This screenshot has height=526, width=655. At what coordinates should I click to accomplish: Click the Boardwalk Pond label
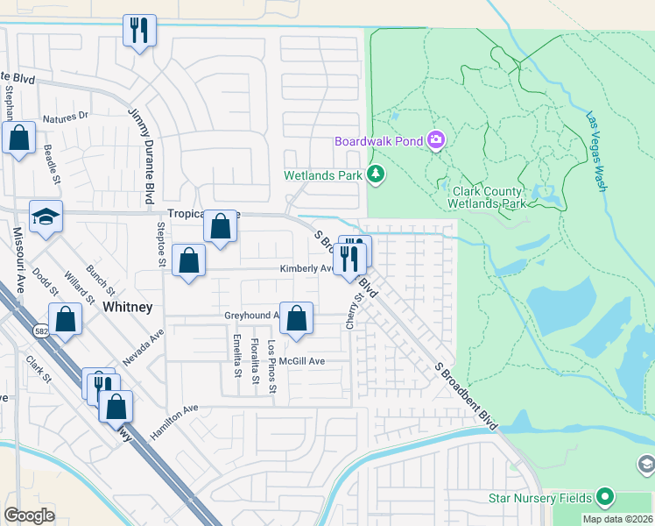click(377, 141)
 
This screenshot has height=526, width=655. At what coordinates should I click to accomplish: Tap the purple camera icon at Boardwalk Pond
click(435, 140)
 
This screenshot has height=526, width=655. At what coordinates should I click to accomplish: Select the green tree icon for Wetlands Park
click(376, 174)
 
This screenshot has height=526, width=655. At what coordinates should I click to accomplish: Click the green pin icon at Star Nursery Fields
click(604, 498)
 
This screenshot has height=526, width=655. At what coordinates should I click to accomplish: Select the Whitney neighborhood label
click(128, 307)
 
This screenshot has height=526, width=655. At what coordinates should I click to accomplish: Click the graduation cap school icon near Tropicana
click(46, 217)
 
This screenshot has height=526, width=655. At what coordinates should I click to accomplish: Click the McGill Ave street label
click(302, 361)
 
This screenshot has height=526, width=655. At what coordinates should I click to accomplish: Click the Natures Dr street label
click(66, 116)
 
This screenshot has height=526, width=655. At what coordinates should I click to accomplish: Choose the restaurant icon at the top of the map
click(139, 31)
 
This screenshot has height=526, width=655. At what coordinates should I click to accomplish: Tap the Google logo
click(29, 515)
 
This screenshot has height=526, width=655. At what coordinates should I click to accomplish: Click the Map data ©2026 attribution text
click(617, 519)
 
